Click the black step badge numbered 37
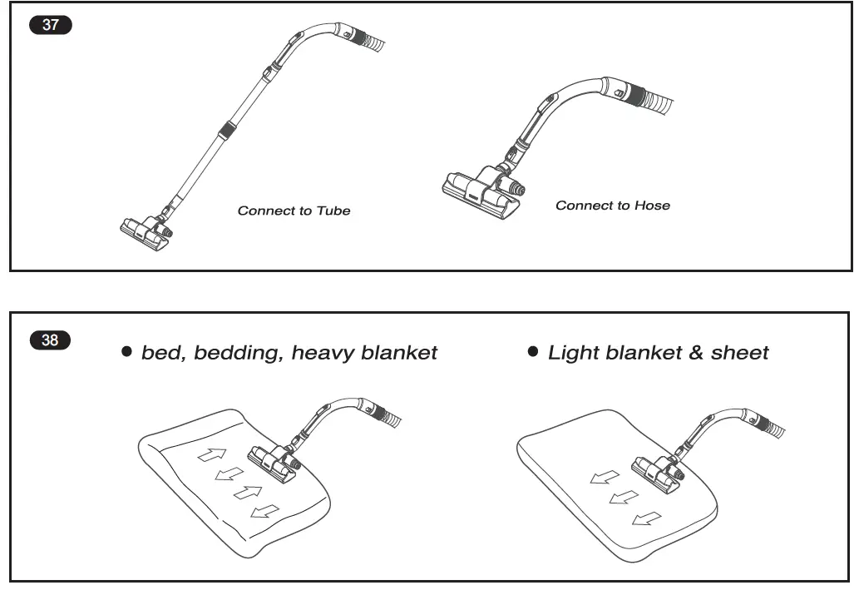(x=51, y=25)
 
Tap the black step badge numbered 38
(x=51, y=340)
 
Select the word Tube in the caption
(x=333, y=211)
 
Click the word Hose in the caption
(x=652, y=206)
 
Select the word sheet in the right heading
(x=739, y=353)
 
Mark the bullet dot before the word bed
(x=127, y=352)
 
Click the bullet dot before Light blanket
(x=534, y=352)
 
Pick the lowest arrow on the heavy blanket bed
(x=265, y=510)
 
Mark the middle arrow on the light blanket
(x=624, y=498)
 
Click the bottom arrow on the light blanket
(x=646, y=519)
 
